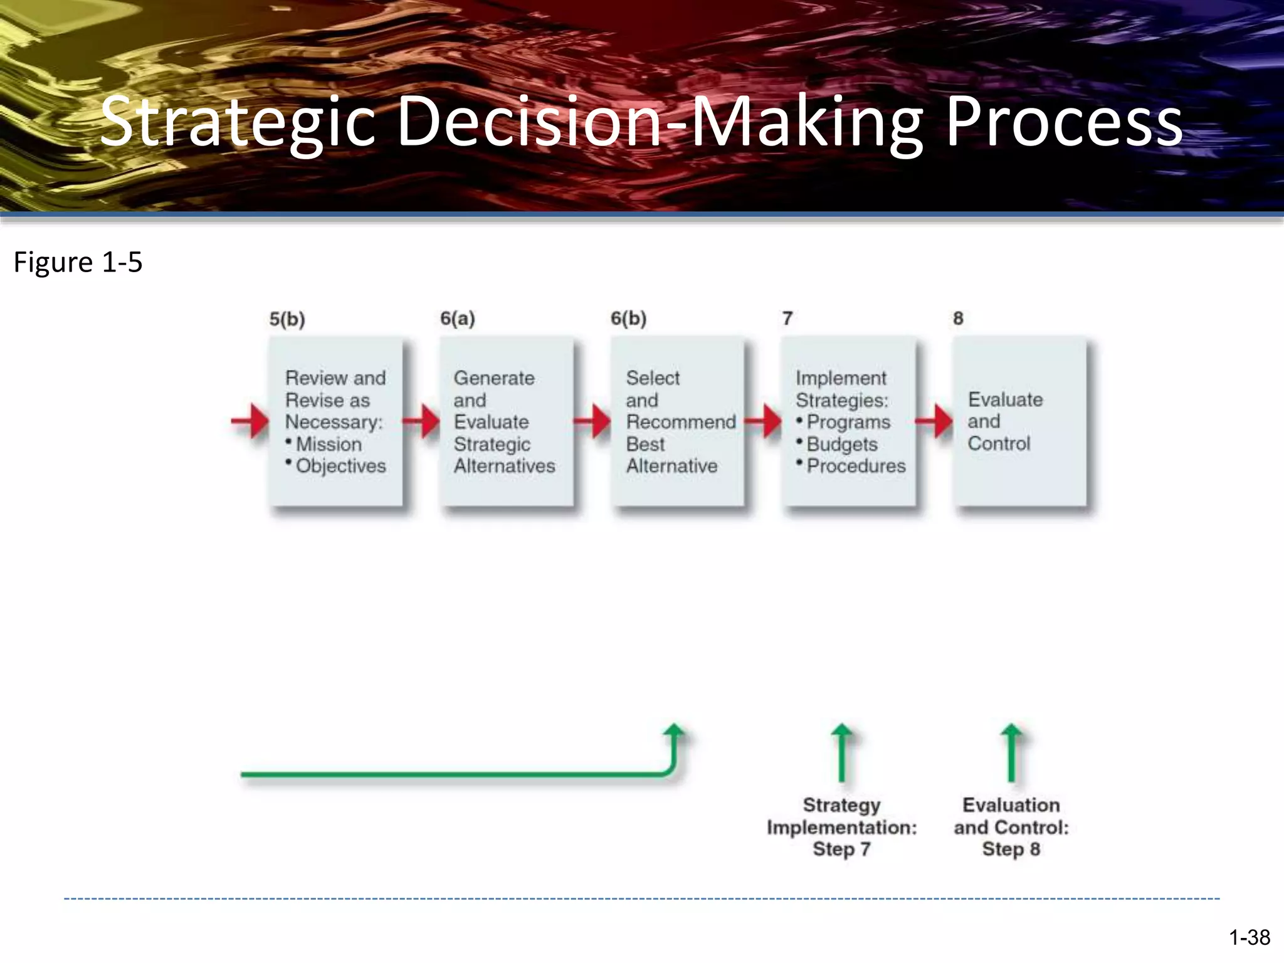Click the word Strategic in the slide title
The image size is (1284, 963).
pos(237,122)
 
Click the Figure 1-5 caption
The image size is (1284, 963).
pos(78,262)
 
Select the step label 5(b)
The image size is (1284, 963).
pos(287,319)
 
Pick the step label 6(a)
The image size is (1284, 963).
pos(458,318)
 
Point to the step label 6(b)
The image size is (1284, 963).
pos(628,318)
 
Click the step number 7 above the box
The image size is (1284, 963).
pos(787,318)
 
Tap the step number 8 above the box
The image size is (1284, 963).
pos(958,318)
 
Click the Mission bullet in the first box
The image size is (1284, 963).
pos(328,444)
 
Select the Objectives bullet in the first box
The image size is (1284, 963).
pos(340,466)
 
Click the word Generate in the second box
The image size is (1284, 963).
pos(494,378)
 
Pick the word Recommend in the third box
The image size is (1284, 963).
pos(681,422)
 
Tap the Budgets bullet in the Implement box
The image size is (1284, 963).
pos(841,444)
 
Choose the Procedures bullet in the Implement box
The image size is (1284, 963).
pos(856,466)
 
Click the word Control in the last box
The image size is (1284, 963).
pos(999,443)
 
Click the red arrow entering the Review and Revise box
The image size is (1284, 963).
pos(251,421)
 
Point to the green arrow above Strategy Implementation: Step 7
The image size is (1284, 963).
pos(841,752)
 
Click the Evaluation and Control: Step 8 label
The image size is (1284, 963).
pos(1011,827)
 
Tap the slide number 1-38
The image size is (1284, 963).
pos(1249,937)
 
